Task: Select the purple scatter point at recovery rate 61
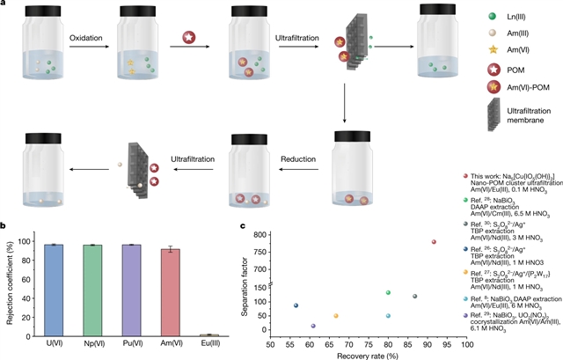point(313,326)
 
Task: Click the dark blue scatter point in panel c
point(296,305)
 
